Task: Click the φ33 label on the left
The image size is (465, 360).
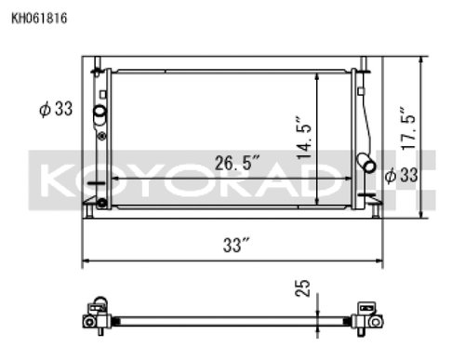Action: (56, 110)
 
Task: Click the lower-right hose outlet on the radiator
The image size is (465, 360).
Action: (369, 167)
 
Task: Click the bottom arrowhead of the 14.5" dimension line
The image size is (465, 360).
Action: (318, 201)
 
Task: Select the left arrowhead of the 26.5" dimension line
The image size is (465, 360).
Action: (113, 178)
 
